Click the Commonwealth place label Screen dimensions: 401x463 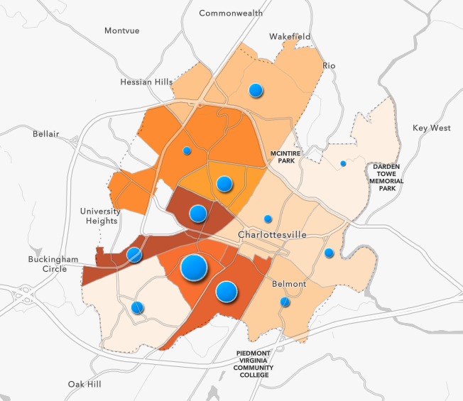(x=231, y=13)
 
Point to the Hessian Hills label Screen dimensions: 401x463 (x=147, y=82)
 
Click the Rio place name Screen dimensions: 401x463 (x=329, y=65)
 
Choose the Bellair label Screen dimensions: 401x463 (x=46, y=133)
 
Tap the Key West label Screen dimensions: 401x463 (x=432, y=128)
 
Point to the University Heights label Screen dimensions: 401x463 (x=100, y=216)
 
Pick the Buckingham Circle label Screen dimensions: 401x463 (x=53, y=264)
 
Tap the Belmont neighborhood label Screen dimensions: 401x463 (x=289, y=284)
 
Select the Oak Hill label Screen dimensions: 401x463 (x=85, y=384)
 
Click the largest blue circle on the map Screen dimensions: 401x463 (x=194, y=268)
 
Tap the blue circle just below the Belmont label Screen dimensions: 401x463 (x=285, y=302)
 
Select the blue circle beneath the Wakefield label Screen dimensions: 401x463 (x=256, y=90)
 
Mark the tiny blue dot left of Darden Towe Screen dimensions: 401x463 (x=343, y=164)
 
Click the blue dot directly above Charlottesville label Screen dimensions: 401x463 (x=268, y=219)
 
